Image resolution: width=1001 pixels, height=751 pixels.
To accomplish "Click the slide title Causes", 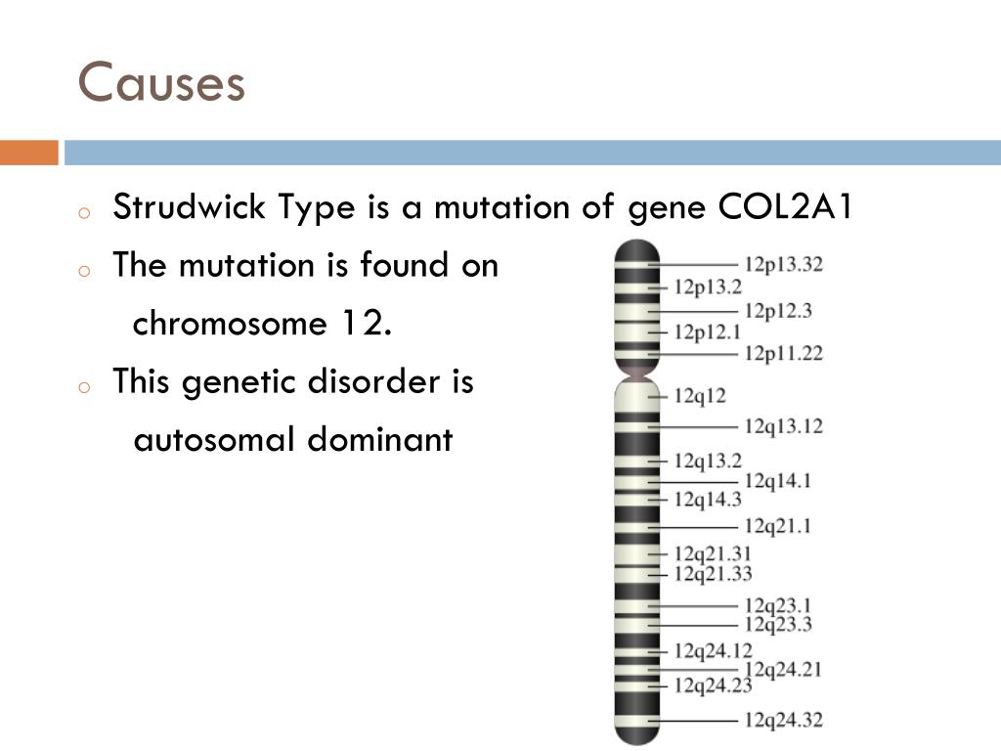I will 161,82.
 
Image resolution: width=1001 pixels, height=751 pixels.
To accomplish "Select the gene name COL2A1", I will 786,207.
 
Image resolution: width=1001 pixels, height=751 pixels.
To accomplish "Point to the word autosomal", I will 212,440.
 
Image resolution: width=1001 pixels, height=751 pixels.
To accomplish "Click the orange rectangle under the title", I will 28,153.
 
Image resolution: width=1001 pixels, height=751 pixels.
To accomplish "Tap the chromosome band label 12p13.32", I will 783,264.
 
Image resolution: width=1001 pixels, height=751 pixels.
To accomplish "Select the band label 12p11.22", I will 783,353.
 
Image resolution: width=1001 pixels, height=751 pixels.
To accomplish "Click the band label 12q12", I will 700,396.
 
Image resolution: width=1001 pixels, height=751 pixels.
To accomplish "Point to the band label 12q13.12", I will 783,426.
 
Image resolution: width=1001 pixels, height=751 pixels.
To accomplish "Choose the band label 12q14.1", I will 778,480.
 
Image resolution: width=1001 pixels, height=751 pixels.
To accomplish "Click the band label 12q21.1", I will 778,527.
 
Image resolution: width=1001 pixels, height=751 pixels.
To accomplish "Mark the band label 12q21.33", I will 713,573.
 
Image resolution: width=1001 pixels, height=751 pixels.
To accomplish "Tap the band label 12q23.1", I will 778,606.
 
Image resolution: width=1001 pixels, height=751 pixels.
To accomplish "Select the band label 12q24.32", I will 783,721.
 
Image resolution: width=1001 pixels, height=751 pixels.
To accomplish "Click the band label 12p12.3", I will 778,311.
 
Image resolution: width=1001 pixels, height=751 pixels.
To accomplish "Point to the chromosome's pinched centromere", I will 636,373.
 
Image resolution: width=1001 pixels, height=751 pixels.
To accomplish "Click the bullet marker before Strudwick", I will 85,212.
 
